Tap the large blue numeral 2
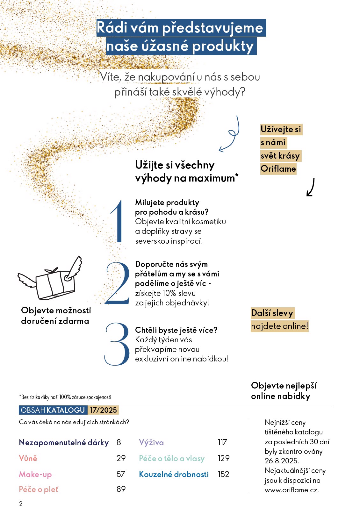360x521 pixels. [x=118, y=283]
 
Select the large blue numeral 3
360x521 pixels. [x=117, y=344]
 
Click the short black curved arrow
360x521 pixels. [x=311, y=187]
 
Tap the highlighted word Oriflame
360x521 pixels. [x=278, y=169]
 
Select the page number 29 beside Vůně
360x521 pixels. [x=121, y=458]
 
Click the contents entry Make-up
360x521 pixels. [x=35, y=474]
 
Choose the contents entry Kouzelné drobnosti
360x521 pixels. [x=174, y=474]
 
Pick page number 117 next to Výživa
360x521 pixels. [x=222, y=442]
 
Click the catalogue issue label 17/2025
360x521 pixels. [x=103, y=410]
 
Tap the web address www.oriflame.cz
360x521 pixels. [x=292, y=490]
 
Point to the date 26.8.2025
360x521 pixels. [x=282, y=461]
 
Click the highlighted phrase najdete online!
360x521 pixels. [x=279, y=326]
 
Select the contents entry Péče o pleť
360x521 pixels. [x=39, y=489]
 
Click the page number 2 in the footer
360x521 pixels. [x=21, y=504]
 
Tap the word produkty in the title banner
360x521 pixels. [x=223, y=46]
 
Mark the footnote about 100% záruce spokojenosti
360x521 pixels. [x=65, y=397]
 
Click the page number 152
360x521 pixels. [x=223, y=474]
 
